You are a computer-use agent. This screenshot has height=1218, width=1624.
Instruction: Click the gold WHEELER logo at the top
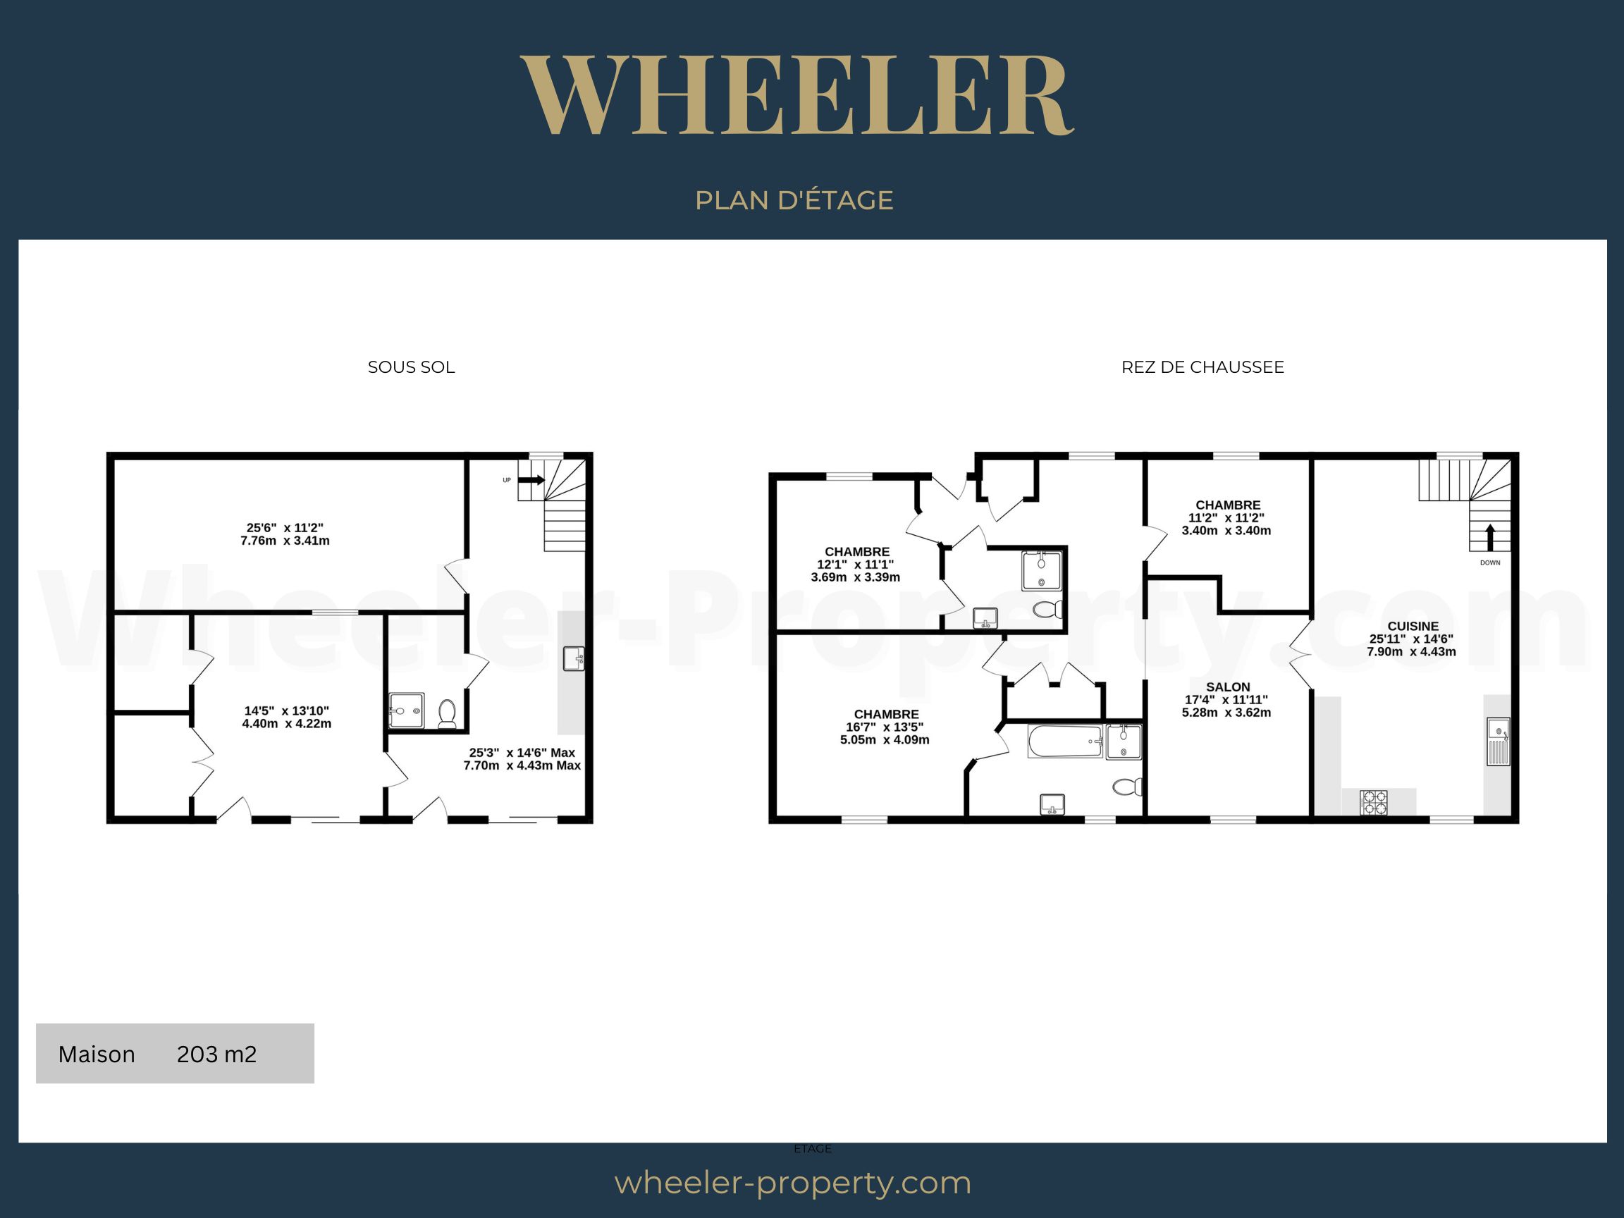[x=797, y=95]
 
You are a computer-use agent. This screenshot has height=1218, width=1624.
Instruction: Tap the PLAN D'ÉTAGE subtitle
[x=794, y=200]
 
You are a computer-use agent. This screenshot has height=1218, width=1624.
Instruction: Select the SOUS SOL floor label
[x=411, y=367]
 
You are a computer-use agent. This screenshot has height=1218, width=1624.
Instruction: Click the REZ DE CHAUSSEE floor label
[x=1202, y=367]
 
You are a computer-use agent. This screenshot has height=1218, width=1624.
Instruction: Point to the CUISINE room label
[x=1413, y=626]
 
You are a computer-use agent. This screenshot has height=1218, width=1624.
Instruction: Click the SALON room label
[x=1228, y=687]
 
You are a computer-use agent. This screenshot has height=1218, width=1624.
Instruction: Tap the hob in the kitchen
[x=1374, y=801]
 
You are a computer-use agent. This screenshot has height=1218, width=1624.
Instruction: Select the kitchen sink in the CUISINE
[x=1499, y=742]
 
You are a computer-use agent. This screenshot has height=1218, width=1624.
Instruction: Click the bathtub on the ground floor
[x=1065, y=742]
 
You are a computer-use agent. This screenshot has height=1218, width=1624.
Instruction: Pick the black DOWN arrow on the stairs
[x=1489, y=537]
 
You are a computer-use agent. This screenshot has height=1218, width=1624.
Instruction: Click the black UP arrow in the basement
[x=531, y=480]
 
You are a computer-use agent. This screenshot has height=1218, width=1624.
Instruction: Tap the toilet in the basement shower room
[x=447, y=713]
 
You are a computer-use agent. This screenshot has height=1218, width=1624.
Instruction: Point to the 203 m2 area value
[x=216, y=1054]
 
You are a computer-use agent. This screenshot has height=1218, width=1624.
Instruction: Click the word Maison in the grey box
[x=96, y=1054]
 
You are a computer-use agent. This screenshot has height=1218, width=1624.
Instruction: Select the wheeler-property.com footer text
[x=793, y=1183]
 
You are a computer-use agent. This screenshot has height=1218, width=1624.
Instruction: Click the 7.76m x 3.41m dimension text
[x=285, y=541]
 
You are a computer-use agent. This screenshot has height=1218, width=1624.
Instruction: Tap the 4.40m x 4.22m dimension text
[x=286, y=724]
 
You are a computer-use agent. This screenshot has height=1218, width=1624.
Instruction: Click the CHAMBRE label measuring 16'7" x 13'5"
[x=886, y=714]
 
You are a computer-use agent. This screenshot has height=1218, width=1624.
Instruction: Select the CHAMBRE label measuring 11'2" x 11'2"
[x=1229, y=505]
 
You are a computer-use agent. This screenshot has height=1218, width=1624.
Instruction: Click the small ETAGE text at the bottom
[x=813, y=1149]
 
